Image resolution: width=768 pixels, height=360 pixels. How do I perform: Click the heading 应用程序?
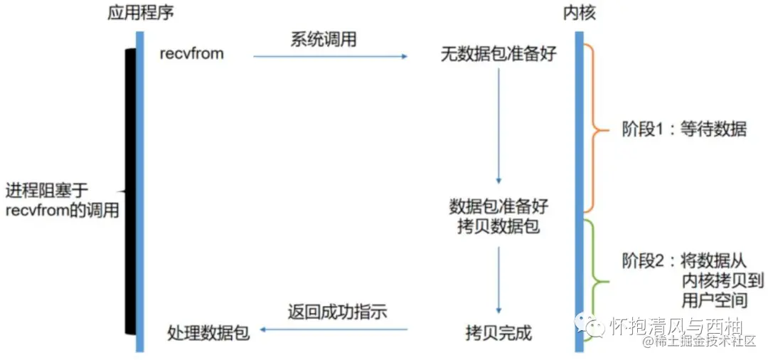point(140,13)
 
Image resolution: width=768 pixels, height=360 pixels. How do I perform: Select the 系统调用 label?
point(323,40)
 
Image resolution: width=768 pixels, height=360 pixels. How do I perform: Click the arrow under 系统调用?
point(330,56)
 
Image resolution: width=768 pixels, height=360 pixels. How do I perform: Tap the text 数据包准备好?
point(498,206)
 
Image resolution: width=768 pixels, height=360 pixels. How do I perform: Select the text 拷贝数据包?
point(498,228)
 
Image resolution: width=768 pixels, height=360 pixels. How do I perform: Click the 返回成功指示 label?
point(337,312)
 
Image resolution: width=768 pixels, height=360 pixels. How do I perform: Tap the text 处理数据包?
point(208,332)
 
